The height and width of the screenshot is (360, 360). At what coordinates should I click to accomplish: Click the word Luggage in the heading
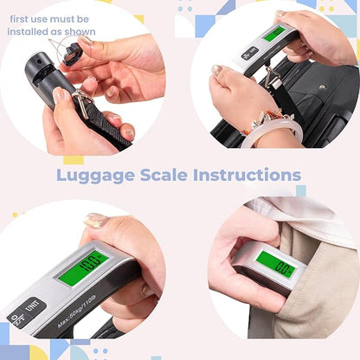(x=95, y=176)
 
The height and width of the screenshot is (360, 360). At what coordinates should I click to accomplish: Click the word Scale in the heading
(x=169, y=176)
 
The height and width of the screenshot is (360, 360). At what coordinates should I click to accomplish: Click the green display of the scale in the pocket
(x=275, y=264)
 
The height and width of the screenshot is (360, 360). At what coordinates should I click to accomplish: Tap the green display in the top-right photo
(x=274, y=34)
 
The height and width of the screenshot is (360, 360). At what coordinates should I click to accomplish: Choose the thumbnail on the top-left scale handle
(x=59, y=93)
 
